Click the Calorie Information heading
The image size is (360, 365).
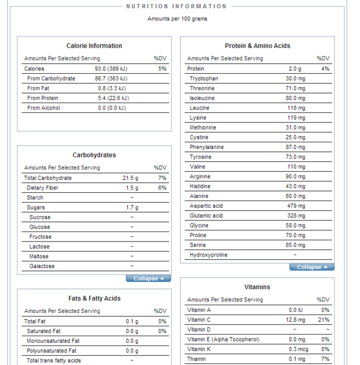coord(94,46)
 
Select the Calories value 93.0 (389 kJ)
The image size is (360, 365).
coord(111,69)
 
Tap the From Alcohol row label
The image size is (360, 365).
coord(44,108)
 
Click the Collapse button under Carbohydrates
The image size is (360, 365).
coord(148,279)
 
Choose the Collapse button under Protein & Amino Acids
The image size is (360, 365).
coord(312,267)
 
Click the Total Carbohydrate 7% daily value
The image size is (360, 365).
coord(162,178)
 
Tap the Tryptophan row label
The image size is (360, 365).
coord(204,79)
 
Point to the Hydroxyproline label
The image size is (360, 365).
coord(208,255)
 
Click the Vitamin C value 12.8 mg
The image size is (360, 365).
coord(296,320)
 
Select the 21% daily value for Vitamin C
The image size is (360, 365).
coord(325,320)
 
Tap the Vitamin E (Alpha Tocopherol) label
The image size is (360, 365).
coord(223,340)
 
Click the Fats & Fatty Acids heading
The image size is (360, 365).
coord(94,299)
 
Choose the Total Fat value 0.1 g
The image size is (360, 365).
coord(132,321)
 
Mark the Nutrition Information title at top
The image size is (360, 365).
coord(177,7)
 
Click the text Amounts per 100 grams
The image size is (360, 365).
coord(177,19)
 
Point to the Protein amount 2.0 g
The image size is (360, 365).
coord(295,69)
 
